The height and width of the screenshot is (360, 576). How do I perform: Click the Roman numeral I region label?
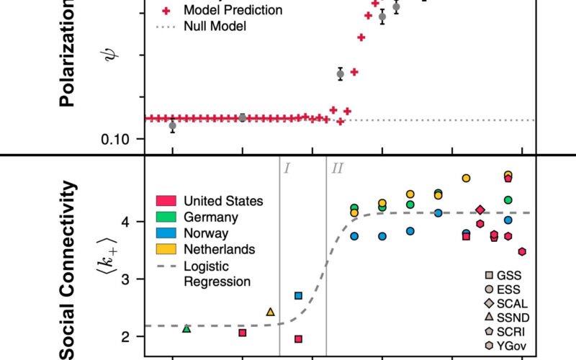(x=287, y=168)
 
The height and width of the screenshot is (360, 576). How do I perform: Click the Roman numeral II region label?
(x=337, y=168)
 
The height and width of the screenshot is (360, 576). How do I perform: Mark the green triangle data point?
(x=186, y=328)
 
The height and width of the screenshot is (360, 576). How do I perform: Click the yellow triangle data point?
(x=270, y=312)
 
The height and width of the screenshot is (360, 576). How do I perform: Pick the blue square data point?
(x=298, y=295)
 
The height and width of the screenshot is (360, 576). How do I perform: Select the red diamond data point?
(x=480, y=210)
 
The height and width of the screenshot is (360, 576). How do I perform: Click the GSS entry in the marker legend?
(x=508, y=275)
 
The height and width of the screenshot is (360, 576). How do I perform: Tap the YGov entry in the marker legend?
(x=510, y=346)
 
